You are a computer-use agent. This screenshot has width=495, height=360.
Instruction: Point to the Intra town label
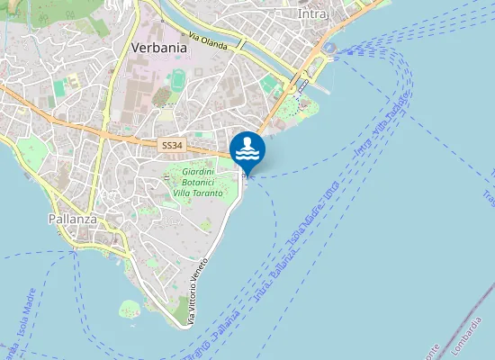click(314, 14)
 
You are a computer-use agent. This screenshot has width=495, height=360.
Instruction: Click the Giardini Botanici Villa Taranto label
click(197, 182)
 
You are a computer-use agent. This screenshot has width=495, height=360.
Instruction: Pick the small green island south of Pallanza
click(131, 309)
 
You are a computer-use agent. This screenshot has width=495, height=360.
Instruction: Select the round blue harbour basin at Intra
click(331, 47)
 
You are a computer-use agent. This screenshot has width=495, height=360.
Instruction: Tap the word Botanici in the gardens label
click(197, 182)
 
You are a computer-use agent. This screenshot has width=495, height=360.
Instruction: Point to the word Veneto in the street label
click(204, 273)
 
